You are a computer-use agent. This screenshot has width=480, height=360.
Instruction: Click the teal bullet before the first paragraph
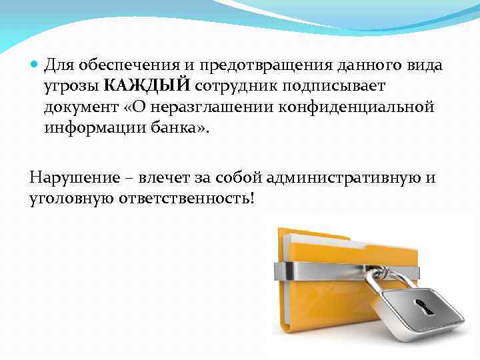pyautogui.click(x=35, y=66)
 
